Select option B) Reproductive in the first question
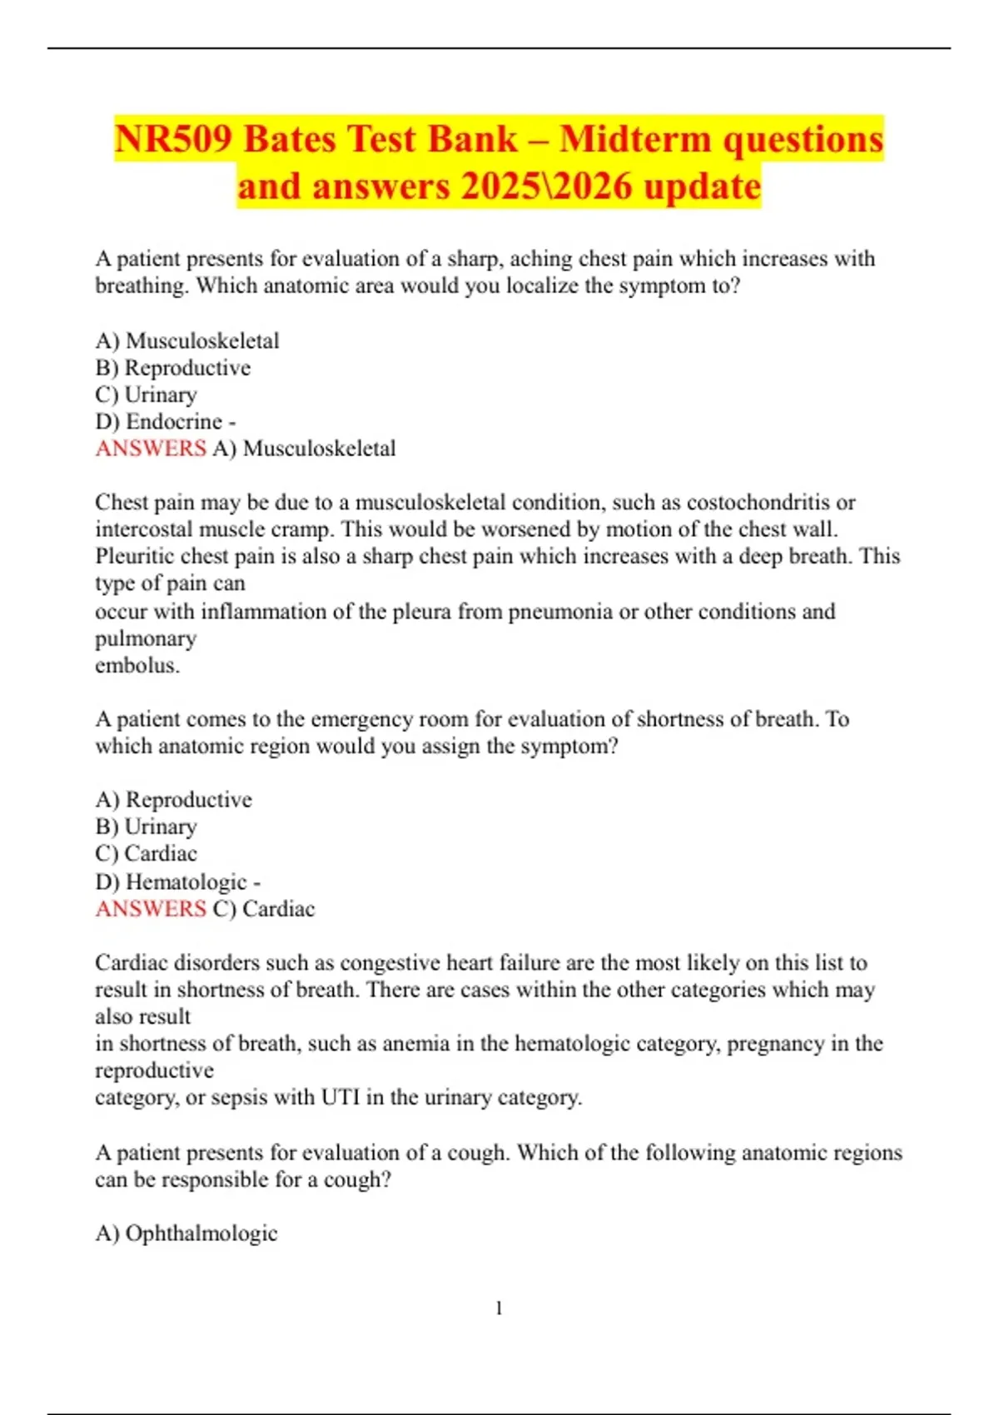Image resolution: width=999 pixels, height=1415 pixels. click(172, 368)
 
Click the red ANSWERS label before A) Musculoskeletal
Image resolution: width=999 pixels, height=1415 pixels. click(150, 449)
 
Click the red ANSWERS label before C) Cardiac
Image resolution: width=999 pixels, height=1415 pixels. click(150, 909)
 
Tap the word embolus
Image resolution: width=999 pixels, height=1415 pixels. click(137, 666)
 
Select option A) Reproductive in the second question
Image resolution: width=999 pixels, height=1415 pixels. click(173, 800)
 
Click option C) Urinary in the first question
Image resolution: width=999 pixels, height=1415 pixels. click(146, 395)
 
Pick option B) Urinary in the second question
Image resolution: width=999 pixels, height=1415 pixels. click(146, 827)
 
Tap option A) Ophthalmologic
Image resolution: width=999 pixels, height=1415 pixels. click(186, 1234)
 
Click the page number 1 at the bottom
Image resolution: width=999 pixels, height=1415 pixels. click(499, 1308)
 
